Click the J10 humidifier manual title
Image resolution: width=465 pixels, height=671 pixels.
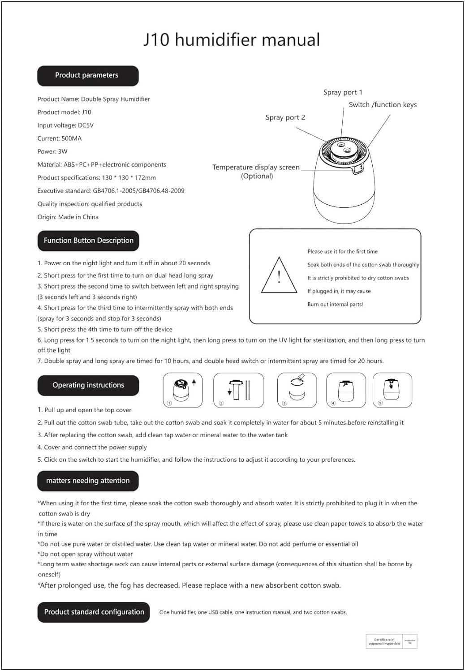click(x=232, y=40)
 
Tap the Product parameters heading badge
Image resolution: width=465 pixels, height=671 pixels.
click(x=88, y=76)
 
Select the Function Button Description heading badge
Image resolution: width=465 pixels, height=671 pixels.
click(x=88, y=241)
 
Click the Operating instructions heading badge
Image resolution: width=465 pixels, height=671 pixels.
click(x=88, y=385)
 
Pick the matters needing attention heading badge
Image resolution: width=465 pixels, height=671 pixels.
click(x=88, y=481)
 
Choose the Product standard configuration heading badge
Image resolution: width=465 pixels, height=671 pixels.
click(x=94, y=612)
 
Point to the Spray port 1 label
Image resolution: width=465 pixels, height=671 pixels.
click(x=343, y=92)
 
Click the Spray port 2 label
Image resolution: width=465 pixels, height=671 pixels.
click(x=285, y=117)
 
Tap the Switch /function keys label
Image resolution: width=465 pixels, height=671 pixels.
click(x=383, y=105)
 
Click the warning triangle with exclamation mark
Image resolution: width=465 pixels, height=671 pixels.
click(x=279, y=276)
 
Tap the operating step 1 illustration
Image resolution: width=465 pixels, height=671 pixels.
click(x=182, y=390)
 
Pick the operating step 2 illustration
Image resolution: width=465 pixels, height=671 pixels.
click(x=238, y=390)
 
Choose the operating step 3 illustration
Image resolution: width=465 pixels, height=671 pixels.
click(x=297, y=390)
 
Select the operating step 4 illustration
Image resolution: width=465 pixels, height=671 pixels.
click(x=346, y=390)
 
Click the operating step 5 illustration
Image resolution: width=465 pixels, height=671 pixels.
click(x=392, y=390)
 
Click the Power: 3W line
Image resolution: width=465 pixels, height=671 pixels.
click(x=52, y=151)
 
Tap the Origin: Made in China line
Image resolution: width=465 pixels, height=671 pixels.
click(x=68, y=217)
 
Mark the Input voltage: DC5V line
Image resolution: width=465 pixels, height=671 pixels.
click(x=65, y=125)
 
